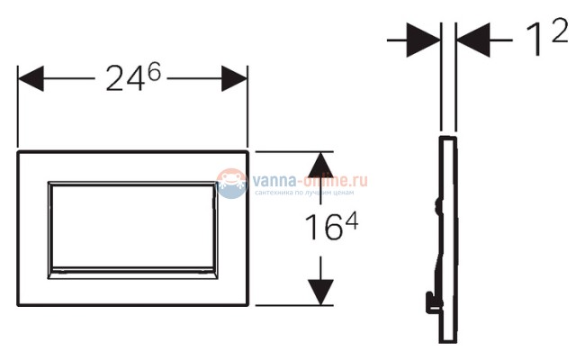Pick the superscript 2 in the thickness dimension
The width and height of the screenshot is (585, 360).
coord(559,31)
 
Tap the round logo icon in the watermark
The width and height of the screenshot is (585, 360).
coord(232,182)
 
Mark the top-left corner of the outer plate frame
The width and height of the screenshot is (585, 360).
coord(18,151)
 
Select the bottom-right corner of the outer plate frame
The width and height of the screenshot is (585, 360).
coord(247,304)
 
